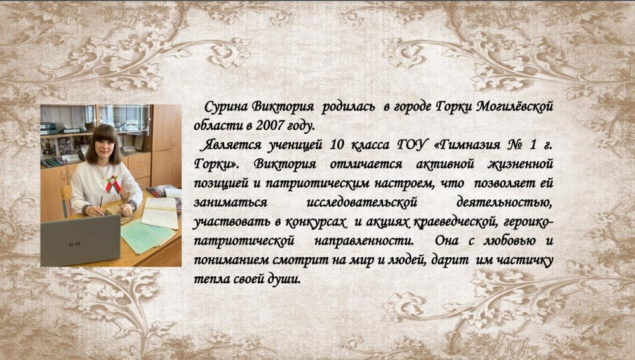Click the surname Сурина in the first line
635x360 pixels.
point(225,107)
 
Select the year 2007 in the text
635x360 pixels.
point(269,126)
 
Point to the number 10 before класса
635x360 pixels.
point(337,145)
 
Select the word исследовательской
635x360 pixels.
point(362,203)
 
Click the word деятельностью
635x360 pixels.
point(504,203)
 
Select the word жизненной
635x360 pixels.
point(521,164)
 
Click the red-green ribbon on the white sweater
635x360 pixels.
point(112,184)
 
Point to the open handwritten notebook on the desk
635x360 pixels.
point(160,212)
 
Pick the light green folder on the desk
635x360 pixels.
point(147,236)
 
